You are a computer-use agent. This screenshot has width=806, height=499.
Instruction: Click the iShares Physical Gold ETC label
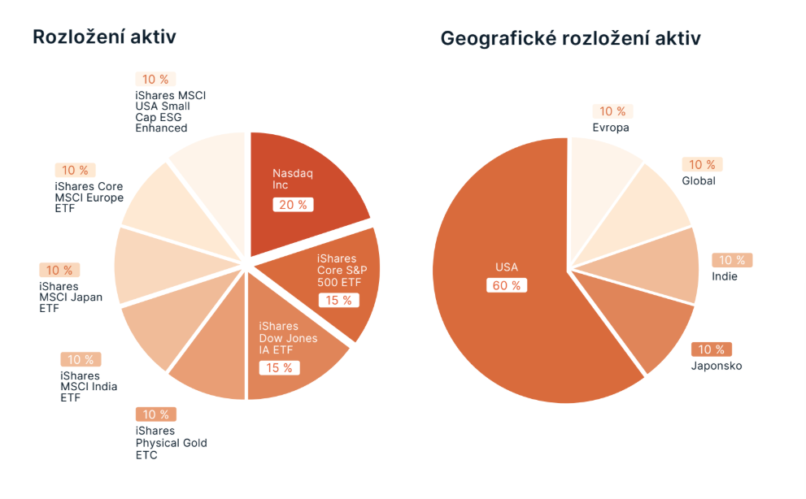pyautogui.click(x=171, y=443)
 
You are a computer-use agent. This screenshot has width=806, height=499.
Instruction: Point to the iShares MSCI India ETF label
pyautogui.click(x=88, y=387)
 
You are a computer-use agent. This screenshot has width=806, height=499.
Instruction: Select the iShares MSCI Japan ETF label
pyautogui.click(x=71, y=297)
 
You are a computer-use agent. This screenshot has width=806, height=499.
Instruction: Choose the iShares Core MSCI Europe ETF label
pyautogui.click(x=89, y=197)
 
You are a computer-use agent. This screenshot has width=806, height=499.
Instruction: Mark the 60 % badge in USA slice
pyautogui.click(x=508, y=285)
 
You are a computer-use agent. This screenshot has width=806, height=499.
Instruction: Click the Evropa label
pyautogui.click(x=611, y=128)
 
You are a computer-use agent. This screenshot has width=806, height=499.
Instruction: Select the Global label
pyautogui.click(x=699, y=180)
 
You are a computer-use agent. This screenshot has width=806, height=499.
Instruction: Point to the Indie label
pyautogui.click(x=725, y=276)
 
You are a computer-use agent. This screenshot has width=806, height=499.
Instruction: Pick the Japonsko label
pyautogui.click(x=717, y=366)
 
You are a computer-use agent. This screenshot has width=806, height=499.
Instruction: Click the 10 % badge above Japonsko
pyautogui.click(x=711, y=349)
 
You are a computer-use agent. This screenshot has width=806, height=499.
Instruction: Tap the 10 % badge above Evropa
pyautogui.click(x=612, y=111)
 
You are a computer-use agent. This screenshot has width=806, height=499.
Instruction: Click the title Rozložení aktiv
pyautogui.click(x=104, y=37)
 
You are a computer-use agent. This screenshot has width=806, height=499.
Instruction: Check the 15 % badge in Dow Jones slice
pyautogui.click(x=279, y=368)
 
